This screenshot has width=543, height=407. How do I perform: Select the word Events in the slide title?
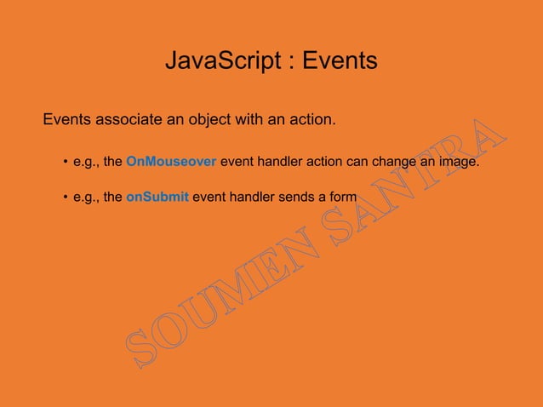coord(340,62)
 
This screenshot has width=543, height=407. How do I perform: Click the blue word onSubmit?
coord(157,198)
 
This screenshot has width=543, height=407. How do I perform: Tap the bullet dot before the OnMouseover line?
coord(65,162)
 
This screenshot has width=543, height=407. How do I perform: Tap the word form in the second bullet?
coord(342,198)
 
